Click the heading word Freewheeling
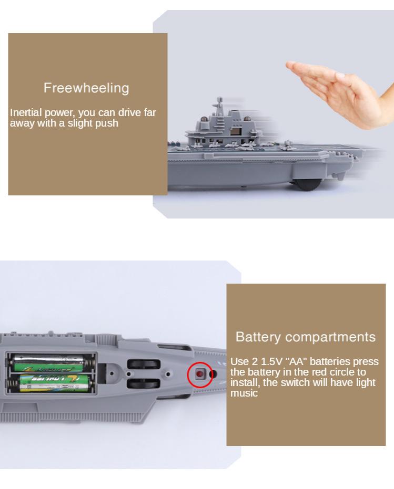coord(86,88)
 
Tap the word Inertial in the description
coord(26,112)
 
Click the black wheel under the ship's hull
coord(307,184)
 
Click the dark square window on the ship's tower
coord(234,131)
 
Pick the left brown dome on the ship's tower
coord(204,119)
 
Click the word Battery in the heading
coord(258,337)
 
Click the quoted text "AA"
coord(297,361)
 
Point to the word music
coord(244,393)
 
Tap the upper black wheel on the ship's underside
coord(144,364)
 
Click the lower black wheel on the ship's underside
coord(144,383)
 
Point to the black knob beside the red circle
coord(214,374)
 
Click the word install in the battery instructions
coord(245,382)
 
